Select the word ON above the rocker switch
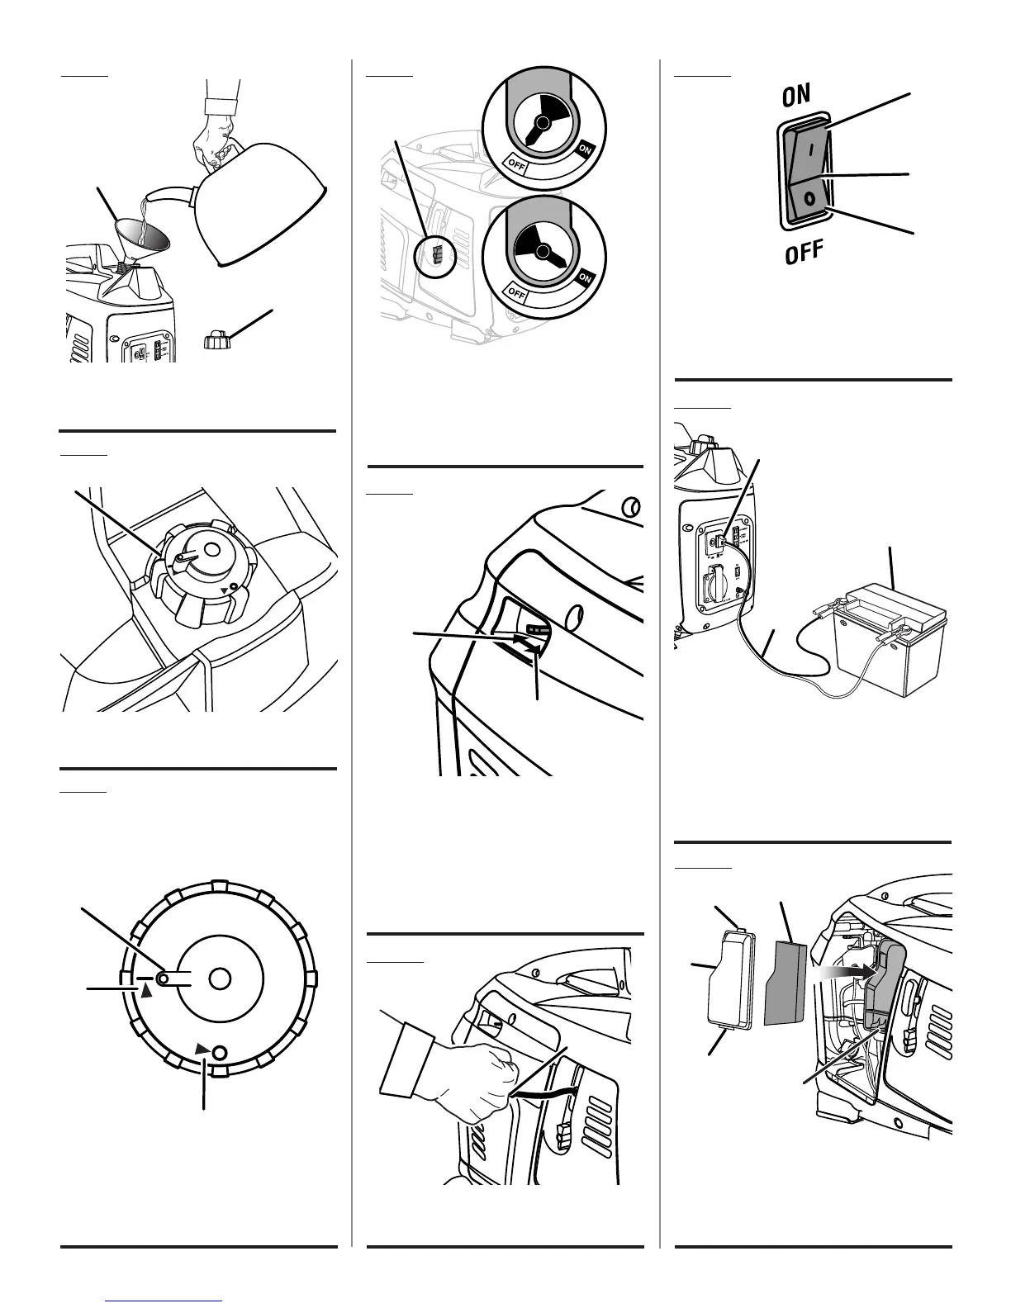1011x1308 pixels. pyautogui.click(x=796, y=96)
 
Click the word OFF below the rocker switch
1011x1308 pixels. pyautogui.click(x=805, y=252)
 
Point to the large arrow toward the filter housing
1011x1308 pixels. pyautogui.click(x=842, y=974)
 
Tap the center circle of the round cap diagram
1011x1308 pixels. pyautogui.click(x=219, y=979)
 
